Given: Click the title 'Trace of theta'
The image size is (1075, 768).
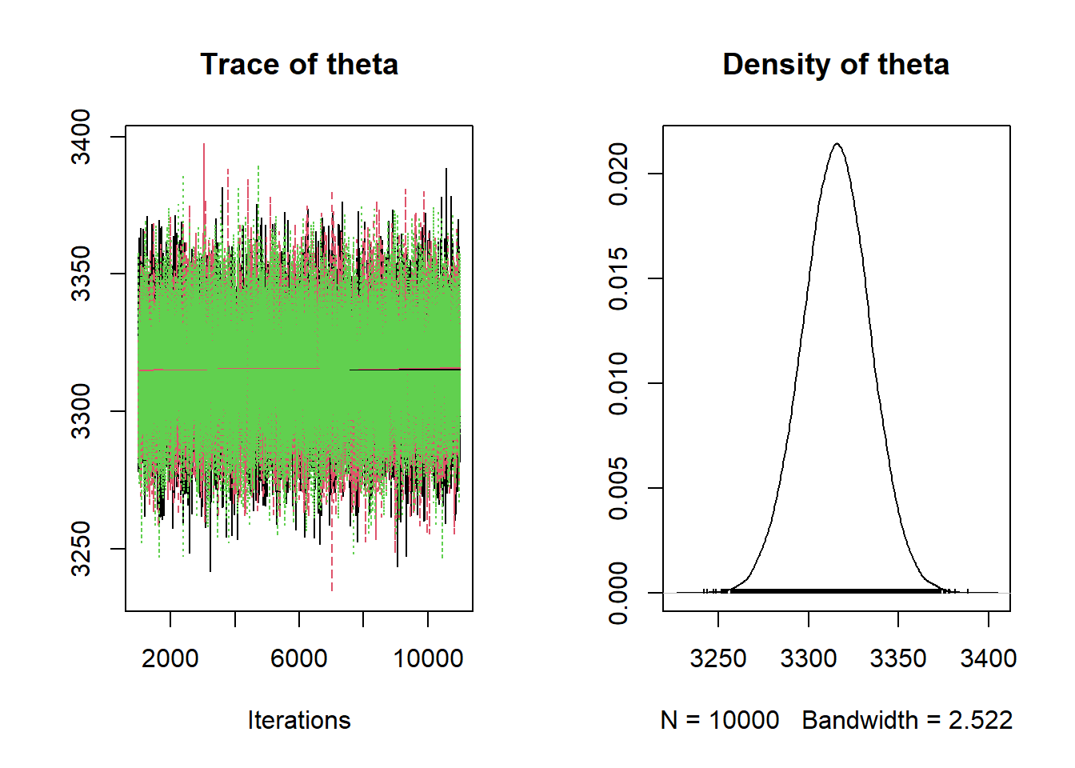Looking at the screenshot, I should (x=299, y=65).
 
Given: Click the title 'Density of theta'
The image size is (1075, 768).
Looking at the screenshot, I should (x=836, y=65).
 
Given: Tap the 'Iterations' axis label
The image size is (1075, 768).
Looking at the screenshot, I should (x=299, y=720).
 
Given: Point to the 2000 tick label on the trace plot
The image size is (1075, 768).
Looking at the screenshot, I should (x=170, y=658).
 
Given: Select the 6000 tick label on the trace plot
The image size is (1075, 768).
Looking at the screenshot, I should (x=299, y=658).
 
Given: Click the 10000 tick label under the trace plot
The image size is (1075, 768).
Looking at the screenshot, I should (x=428, y=658).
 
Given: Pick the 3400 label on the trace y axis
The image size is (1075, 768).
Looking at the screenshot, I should (x=81, y=137).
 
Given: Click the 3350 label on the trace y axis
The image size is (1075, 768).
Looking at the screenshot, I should (x=81, y=274).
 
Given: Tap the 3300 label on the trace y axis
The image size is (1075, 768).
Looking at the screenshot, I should (x=81, y=411).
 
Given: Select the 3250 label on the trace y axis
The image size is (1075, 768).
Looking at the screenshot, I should (x=81, y=549).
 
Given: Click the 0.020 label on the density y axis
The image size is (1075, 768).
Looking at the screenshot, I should (x=618, y=174).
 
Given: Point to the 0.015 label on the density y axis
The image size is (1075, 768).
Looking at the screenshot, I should (x=618, y=278).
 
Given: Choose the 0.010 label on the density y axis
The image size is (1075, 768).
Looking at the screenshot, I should (x=618, y=383).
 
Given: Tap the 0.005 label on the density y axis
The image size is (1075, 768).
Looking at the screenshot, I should (x=618, y=488).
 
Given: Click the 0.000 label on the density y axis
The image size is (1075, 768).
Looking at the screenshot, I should (x=618, y=593).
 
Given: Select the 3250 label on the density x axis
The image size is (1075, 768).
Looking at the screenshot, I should (x=718, y=658).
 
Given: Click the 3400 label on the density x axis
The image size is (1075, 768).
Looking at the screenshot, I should (x=989, y=658).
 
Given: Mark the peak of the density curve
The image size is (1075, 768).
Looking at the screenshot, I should (x=837, y=144).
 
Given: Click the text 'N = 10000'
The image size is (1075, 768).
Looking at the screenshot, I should (x=720, y=720).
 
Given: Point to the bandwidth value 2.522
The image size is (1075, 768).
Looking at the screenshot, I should (x=981, y=720).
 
